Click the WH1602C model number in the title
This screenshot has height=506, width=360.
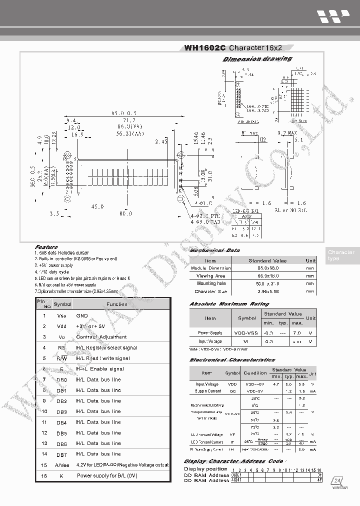(x=205, y=48)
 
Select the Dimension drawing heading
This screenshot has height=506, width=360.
(x=257, y=59)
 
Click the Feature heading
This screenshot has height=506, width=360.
(x=46, y=247)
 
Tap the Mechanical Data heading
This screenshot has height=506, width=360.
(x=214, y=250)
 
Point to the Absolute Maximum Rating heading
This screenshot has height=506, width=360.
(x=229, y=303)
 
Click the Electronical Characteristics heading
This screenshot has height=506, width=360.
(x=232, y=359)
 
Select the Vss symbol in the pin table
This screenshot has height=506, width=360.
(x=61, y=316)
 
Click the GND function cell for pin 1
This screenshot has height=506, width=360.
(x=82, y=316)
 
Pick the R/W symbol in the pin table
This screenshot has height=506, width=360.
(x=61, y=358)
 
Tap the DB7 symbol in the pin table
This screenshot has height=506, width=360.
(x=61, y=454)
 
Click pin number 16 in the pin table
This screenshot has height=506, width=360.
(x=44, y=475)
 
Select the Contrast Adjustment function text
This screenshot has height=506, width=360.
(x=101, y=337)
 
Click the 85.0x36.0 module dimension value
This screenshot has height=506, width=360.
(x=267, y=268)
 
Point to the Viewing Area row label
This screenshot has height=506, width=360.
(x=210, y=275)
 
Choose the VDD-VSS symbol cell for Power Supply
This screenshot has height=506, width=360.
(x=246, y=332)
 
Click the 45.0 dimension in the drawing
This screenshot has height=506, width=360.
(x=97, y=206)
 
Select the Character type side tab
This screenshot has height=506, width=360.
(x=341, y=255)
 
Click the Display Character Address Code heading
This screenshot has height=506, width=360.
(x=233, y=461)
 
